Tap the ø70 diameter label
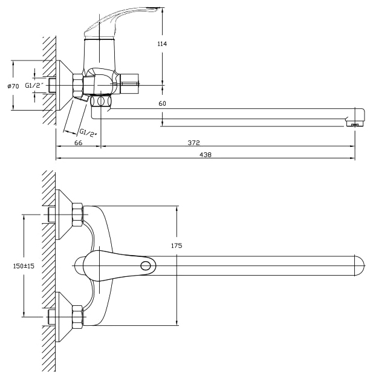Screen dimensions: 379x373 [13, 86]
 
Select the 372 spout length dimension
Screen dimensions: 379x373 [194, 142]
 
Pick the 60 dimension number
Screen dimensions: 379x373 [162, 103]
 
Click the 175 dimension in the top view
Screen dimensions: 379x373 [177, 246]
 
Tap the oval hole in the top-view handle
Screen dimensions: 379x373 [146, 265]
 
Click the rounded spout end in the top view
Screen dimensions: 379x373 [358, 265]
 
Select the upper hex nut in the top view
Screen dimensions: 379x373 [77, 215]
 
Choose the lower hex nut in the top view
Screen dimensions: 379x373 [77, 316]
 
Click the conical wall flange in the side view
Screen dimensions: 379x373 [63, 85]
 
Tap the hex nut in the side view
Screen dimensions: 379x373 [78, 85]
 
